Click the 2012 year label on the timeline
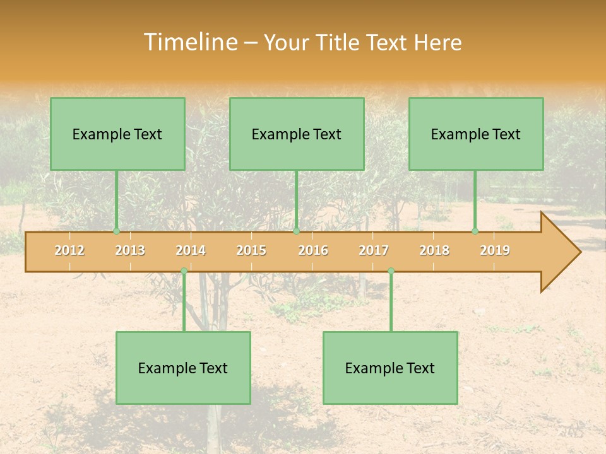69,250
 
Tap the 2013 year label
130,250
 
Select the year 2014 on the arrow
191,250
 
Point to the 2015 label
251,250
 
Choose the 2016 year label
313,250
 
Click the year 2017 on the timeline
374,250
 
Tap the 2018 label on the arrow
434,250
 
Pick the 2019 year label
495,250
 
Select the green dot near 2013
116,231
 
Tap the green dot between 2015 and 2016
296,231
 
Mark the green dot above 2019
475,231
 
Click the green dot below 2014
184,271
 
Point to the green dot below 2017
391,271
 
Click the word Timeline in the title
189,42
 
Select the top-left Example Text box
117,134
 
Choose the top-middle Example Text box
297,134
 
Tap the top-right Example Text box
476,134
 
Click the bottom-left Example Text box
183,368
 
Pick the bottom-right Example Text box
390,368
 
